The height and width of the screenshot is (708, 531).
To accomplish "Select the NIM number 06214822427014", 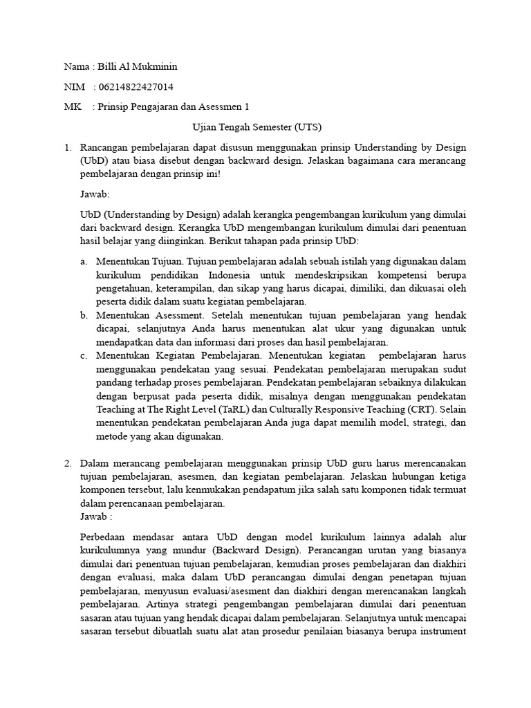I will (136, 87).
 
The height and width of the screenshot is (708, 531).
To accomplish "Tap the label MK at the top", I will (71, 107).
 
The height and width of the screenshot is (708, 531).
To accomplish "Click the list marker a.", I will (83, 261).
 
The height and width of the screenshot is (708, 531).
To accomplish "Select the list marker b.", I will (83, 315).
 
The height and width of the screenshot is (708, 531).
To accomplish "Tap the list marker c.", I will (83, 355).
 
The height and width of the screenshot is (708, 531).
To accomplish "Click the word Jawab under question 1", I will (94, 194).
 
